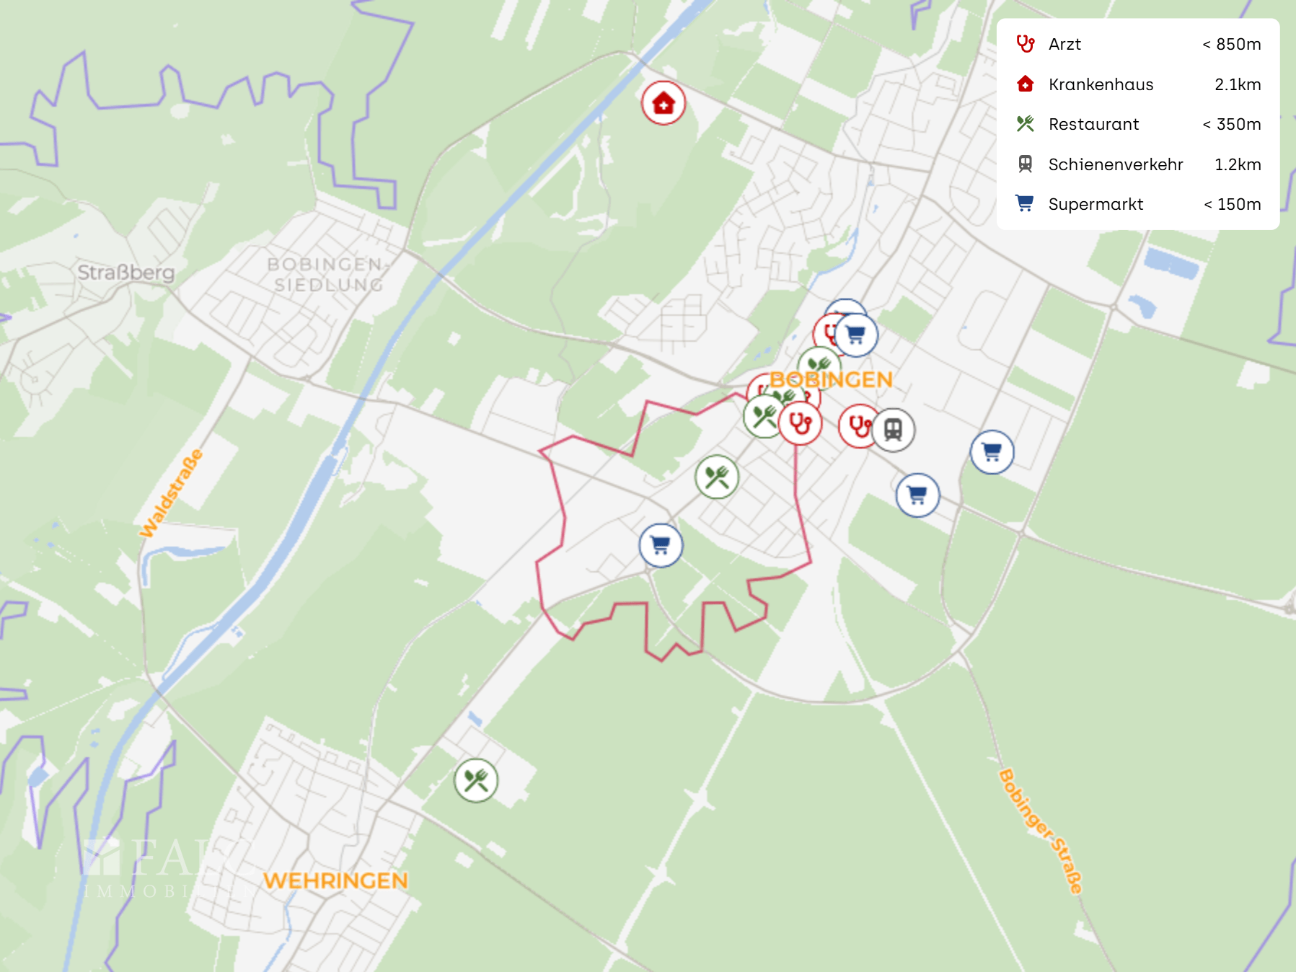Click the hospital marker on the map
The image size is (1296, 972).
663,103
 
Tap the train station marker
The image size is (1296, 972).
894,430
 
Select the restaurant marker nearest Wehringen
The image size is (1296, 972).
476,780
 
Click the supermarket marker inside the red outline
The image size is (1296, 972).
661,545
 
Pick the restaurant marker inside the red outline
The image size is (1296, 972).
717,477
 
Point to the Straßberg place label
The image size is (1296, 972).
126,273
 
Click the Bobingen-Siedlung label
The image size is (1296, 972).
326,275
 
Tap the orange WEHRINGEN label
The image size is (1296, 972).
335,880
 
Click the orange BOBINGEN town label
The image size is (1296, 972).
831,379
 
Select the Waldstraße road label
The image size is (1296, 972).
171,493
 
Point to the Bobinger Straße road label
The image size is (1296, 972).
1041,831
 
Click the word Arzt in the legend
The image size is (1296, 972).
1064,44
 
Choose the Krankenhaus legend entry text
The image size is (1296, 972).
1101,84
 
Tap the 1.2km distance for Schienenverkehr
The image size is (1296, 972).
1238,164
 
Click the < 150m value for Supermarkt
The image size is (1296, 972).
1232,204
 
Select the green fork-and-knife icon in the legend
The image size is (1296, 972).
1025,124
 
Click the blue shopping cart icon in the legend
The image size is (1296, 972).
1025,204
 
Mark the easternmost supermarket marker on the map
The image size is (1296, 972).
992,452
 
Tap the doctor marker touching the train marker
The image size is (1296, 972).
858,427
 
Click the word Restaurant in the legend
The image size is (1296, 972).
1093,124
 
